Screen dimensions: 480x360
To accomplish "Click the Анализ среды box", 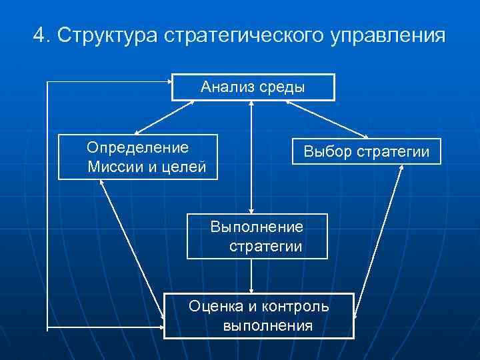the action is [253, 87].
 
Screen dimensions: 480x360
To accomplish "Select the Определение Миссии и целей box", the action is [137, 157].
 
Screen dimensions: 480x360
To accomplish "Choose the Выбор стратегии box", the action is [367, 151].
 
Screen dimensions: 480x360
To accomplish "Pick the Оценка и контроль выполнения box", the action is [259, 315].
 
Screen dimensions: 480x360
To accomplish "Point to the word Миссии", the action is [114, 166].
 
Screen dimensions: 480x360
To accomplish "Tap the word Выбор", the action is [327, 151].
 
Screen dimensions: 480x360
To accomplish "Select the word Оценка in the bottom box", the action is [213, 306].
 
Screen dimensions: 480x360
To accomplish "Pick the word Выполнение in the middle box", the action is [257, 227].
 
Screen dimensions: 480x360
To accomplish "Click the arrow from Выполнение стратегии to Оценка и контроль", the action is [251, 276].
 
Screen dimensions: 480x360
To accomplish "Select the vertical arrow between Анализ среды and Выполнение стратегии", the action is [251, 157].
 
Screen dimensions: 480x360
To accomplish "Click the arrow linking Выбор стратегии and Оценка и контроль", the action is [379, 240].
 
